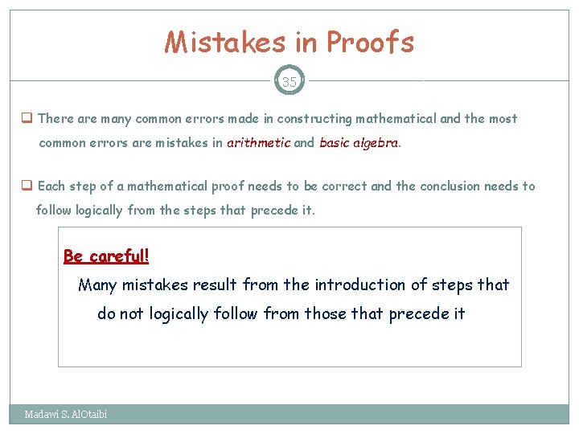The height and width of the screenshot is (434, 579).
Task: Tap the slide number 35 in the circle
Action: (x=289, y=81)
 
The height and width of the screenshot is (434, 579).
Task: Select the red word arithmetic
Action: (x=258, y=144)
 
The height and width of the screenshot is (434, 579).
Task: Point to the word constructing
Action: (x=314, y=119)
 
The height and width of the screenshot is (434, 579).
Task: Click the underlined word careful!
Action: (x=119, y=256)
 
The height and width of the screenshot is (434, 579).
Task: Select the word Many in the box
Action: (x=97, y=285)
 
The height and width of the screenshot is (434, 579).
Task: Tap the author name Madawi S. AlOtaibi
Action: (x=66, y=415)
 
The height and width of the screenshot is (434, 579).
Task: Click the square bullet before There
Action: (x=27, y=119)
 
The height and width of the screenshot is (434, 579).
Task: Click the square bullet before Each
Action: (x=27, y=186)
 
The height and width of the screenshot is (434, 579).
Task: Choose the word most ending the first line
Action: (x=503, y=119)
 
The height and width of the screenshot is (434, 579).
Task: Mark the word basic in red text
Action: (x=335, y=144)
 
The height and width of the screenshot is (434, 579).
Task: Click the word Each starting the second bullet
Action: (x=51, y=186)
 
